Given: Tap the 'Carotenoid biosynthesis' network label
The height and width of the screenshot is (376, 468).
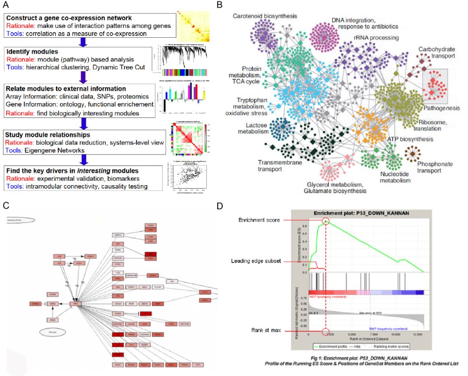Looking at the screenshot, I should coord(265,16).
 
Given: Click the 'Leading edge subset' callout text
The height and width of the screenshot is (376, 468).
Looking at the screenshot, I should coord(256,261).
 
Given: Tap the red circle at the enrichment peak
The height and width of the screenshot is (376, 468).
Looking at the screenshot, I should coord(325,222).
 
